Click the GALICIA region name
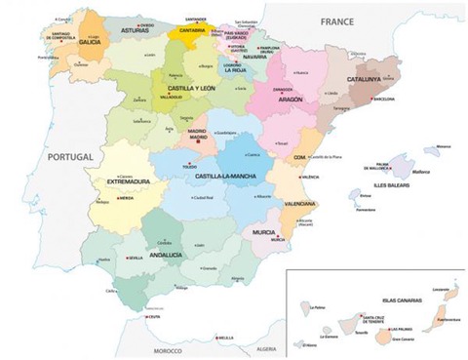pyautogui.click(x=91, y=43)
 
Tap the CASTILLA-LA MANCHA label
pyautogui.click(x=224, y=177)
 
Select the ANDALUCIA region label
pyautogui.click(x=164, y=255)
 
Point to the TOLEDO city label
pyautogui.click(x=190, y=167)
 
